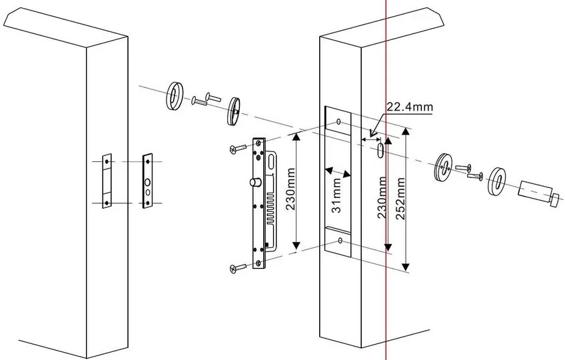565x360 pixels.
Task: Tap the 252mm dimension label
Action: click(400, 199)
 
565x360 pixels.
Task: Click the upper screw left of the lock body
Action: click(233, 149)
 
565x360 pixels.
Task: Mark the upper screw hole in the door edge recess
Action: click(339, 122)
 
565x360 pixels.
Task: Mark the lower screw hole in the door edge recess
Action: click(340, 239)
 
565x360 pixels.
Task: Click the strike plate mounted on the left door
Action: click(105, 182)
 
